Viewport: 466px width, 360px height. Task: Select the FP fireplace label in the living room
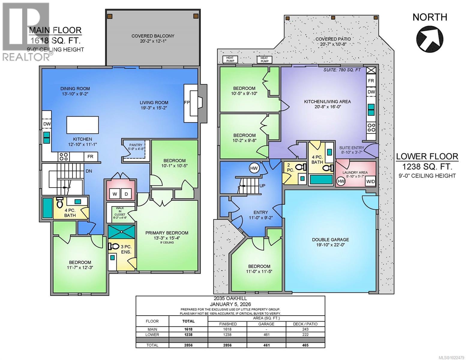click(187, 103)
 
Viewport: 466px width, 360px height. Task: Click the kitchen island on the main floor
click(83, 125)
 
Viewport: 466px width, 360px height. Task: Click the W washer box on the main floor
click(115, 194)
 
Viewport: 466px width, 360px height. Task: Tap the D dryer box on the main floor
click(126, 194)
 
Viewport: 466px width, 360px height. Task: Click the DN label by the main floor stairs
click(89, 171)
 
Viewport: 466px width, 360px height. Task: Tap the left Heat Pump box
click(230, 59)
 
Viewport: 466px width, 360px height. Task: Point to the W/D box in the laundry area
click(371, 181)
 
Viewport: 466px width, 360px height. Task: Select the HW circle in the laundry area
click(341, 181)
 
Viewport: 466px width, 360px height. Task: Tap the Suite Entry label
click(352, 148)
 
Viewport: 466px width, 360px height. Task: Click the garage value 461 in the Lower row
click(266, 335)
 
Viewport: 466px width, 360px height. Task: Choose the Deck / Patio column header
click(305, 324)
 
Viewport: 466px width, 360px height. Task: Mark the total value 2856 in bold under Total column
click(188, 345)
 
